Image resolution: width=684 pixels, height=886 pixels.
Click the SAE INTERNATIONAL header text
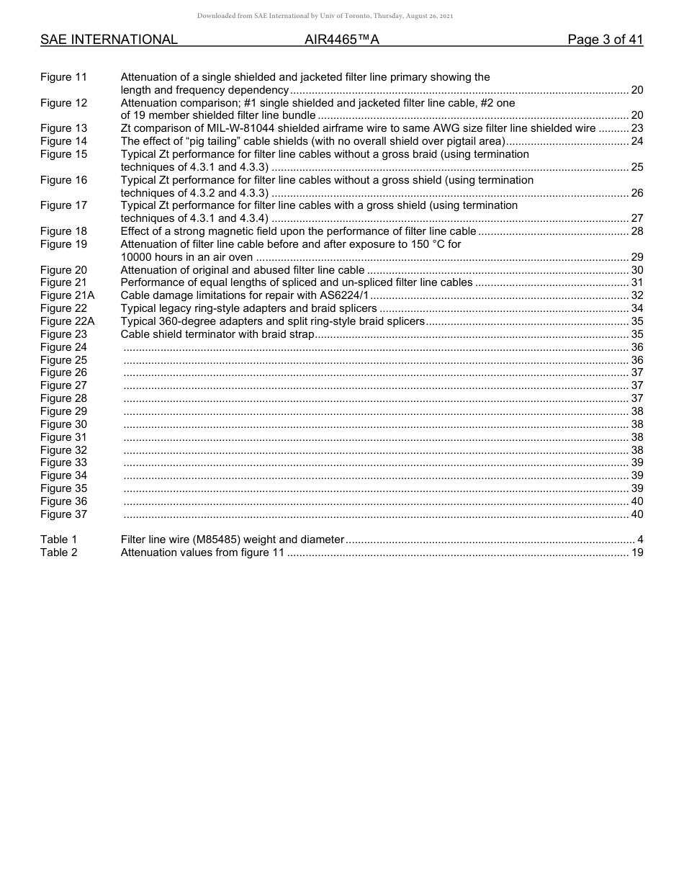[109, 40]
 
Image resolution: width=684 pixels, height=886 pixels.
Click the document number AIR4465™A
[341, 40]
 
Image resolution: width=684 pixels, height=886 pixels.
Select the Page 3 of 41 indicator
[605, 40]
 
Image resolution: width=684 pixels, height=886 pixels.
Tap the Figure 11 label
[63, 77]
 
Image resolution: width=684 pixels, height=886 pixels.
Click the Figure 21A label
[67, 295]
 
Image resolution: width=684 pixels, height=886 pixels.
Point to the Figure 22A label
[67, 321]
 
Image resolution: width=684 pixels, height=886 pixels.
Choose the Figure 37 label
[63, 514]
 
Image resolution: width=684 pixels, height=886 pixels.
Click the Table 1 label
[58, 540]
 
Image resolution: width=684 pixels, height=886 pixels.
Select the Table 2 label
[58, 552]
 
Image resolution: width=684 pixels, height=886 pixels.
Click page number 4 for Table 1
[640, 540]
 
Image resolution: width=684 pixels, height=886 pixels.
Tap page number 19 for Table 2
[636, 552]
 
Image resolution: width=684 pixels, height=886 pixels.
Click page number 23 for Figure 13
[636, 128]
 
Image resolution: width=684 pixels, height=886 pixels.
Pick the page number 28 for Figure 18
[636, 231]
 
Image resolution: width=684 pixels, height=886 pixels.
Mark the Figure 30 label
[63, 424]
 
